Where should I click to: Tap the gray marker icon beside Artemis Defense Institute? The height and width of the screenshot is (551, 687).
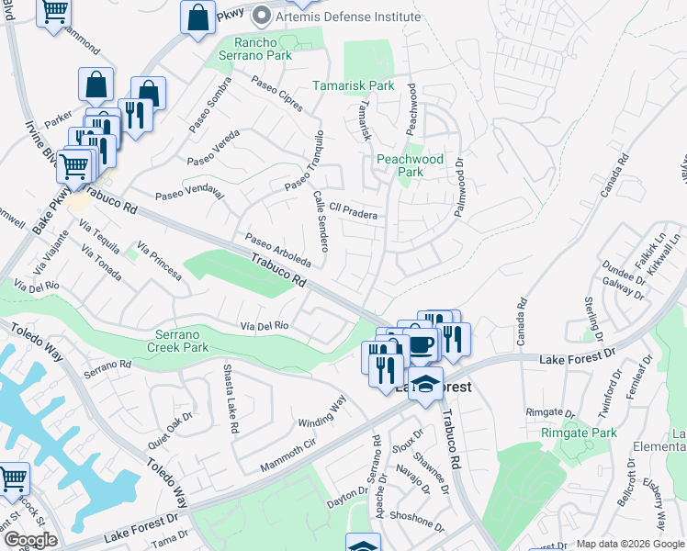[262, 17]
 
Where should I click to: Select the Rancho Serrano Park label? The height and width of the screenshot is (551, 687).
[250, 49]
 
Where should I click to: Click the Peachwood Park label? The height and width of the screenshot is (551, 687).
[411, 165]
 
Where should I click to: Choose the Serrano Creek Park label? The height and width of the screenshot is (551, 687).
[178, 342]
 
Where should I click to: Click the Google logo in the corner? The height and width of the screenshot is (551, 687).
[30, 540]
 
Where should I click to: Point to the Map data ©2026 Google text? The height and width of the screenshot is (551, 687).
[630, 544]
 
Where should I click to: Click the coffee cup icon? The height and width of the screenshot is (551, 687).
[422, 344]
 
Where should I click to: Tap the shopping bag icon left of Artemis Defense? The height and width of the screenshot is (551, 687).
[197, 17]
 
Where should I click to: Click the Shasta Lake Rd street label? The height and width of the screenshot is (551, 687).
[230, 399]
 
